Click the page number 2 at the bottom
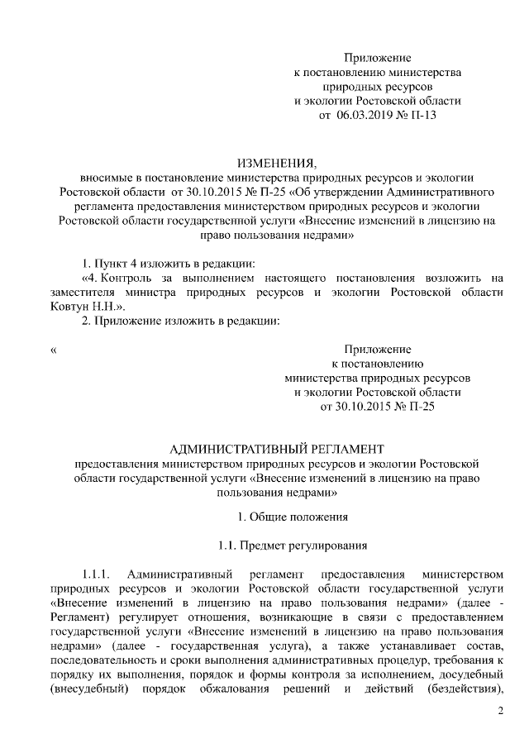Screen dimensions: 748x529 (500, 712)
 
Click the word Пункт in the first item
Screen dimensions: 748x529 (113, 263)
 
